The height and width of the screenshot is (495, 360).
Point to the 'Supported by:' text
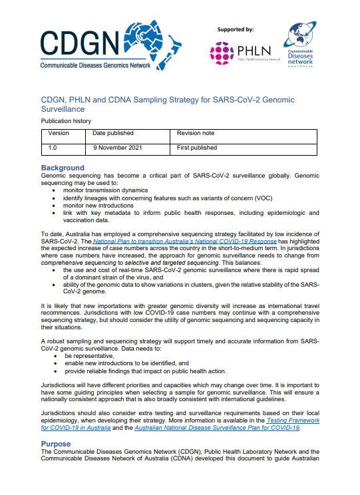click(236, 29)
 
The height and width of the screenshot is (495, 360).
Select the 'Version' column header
click(59, 133)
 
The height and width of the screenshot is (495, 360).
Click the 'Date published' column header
click(113, 133)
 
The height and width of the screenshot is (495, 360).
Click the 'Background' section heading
click(63, 168)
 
